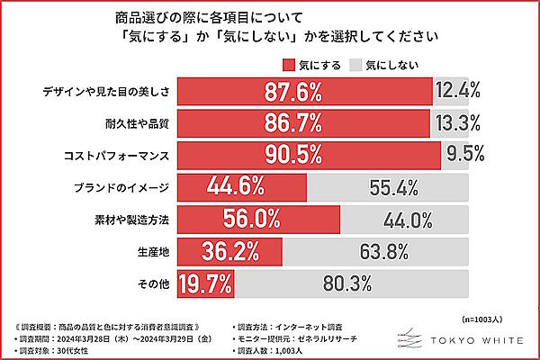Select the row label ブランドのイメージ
pyautogui.click(x=122, y=188)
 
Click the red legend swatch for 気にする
pyautogui.click(x=289, y=63)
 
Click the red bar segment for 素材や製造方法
pyautogui.click(x=259, y=220)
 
